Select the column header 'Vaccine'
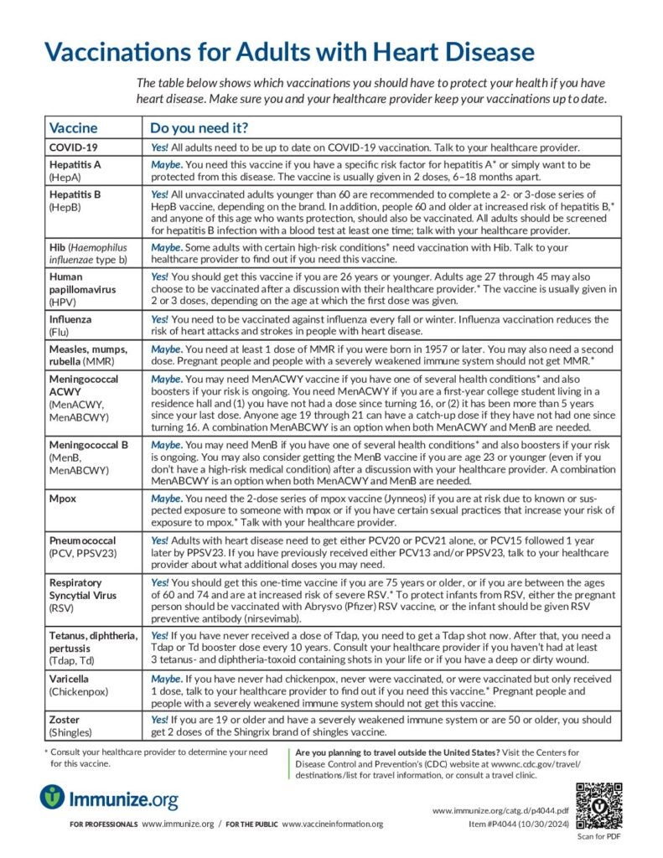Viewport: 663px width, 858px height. coord(74,128)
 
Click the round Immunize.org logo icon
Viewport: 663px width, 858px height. coord(53,796)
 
